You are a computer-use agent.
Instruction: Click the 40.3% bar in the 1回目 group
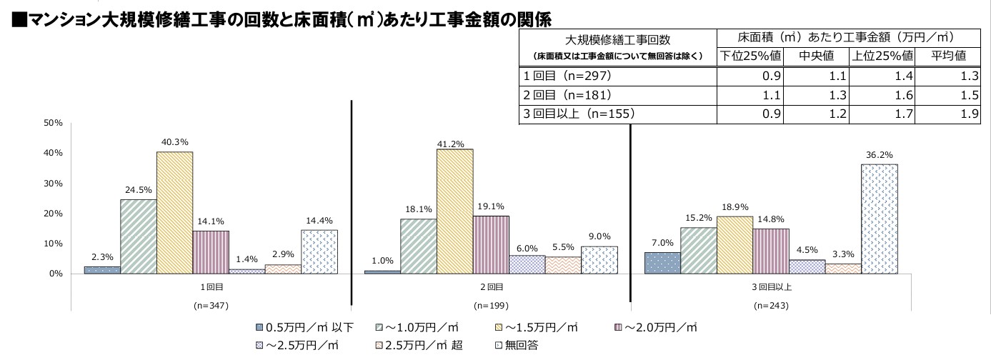pos(174,213)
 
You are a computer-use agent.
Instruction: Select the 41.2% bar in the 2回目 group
pos(454,211)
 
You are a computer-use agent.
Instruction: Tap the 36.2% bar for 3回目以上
pos(880,219)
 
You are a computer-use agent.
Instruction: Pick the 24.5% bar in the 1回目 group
pos(139,236)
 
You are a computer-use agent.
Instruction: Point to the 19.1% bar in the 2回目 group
pos(491,244)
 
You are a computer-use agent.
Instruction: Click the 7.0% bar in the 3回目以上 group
pos(662,263)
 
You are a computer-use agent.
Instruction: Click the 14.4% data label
pos(319,221)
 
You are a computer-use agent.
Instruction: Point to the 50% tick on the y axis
pos(54,124)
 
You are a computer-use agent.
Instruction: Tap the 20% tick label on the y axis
pos(54,214)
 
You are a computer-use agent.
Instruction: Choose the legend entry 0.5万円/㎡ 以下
pos(304,327)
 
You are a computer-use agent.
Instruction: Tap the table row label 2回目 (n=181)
pos(567,94)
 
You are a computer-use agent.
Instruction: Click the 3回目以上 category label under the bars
pos(772,287)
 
